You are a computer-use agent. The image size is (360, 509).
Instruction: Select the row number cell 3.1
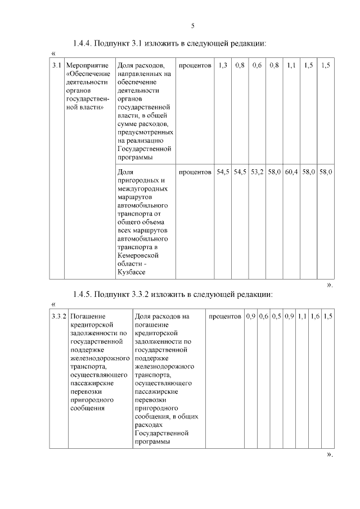click(x=56, y=66)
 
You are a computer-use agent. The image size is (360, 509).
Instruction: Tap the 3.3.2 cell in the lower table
click(x=58, y=317)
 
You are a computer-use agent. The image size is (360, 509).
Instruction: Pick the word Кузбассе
click(x=131, y=272)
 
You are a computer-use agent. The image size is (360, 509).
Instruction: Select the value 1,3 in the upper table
click(x=222, y=66)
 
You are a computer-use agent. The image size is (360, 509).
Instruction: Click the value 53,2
click(x=257, y=173)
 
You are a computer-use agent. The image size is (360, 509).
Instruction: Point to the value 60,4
click(x=291, y=173)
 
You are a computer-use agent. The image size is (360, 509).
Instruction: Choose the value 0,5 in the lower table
click(x=276, y=317)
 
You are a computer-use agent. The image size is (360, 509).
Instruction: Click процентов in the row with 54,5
click(x=195, y=173)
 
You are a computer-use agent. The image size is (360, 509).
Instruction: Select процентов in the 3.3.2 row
click(x=224, y=317)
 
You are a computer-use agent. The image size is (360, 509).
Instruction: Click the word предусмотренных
click(x=145, y=132)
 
